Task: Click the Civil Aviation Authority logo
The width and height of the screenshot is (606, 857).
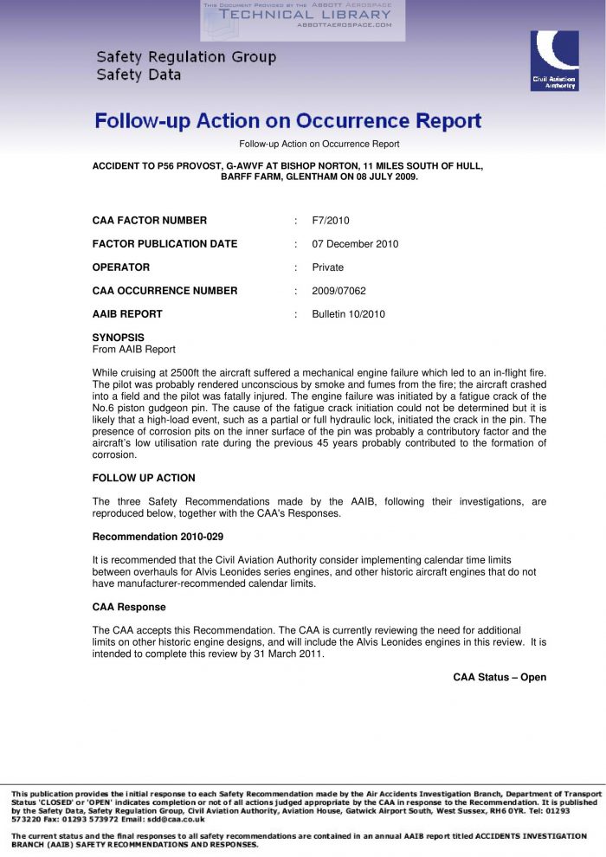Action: point(554,61)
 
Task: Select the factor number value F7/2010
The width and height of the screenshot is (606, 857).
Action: point(331,221)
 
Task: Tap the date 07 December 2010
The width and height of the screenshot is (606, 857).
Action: point(355,244)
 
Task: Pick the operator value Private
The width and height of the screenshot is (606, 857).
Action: point(328,267)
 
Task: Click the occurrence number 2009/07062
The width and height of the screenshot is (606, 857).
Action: point(338,291)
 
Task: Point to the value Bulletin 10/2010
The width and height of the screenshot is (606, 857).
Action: point(348,314)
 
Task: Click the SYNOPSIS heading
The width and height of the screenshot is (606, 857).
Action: point(118,338)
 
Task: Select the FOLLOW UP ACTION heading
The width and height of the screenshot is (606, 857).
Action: point(144,478)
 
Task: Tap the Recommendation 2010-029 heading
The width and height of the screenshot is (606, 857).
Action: point(158,537)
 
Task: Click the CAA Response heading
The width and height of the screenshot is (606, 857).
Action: point(129,607)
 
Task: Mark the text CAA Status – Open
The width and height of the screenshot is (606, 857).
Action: point(500,677)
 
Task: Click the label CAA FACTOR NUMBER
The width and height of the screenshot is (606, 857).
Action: point(150,221)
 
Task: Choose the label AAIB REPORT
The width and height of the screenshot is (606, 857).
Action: point(127,314)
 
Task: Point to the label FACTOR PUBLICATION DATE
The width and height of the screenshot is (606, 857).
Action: point(164,244)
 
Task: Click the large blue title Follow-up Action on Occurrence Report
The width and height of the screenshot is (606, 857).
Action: point(288,121)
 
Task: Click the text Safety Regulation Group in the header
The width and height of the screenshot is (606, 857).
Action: point(186,57)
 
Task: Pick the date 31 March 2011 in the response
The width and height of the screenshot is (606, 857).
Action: point(289,654)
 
